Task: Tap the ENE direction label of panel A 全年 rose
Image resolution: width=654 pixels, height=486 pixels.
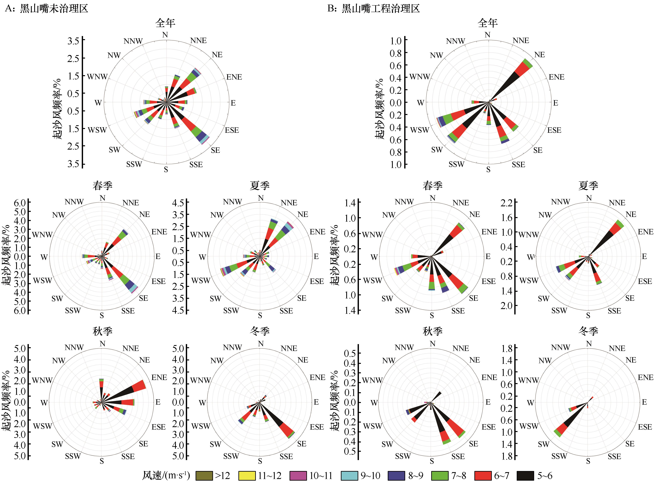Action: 234,77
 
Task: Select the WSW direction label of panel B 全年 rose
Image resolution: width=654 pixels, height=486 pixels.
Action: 419,130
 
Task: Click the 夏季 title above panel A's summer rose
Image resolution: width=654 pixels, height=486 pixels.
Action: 260,186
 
